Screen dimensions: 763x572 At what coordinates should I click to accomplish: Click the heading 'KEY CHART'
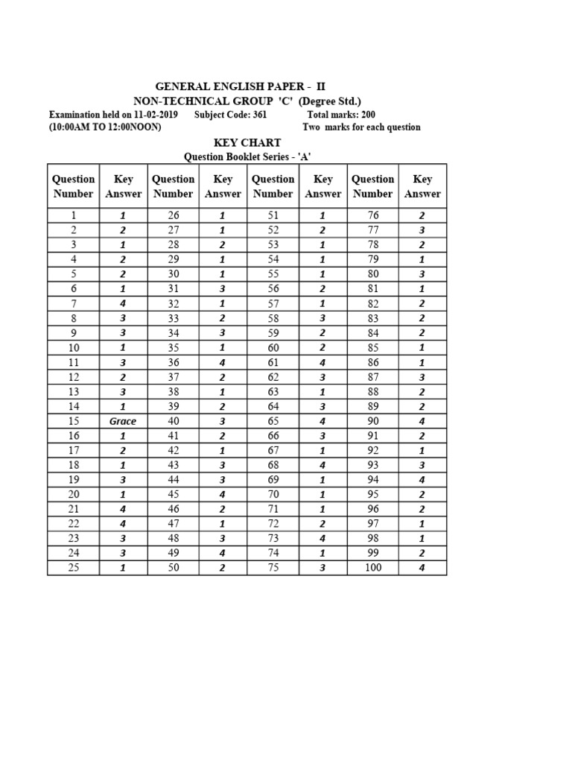[x=247, y=142]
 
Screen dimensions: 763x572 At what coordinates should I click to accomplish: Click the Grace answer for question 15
[x=123, y=421]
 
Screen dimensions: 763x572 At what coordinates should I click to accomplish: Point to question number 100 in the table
[x=372, y=568]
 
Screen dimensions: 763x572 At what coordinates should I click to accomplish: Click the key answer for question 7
[x=123, y=303]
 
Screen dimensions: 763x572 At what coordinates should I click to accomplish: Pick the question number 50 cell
[x=173, y=568]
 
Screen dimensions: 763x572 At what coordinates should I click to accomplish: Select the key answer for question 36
[x=223, y=362]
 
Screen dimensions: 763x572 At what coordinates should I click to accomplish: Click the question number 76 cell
[x=372, y=215]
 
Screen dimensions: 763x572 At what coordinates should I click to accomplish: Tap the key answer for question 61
[x=322, y=362]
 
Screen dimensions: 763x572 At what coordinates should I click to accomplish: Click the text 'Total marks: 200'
[x=341, y=115]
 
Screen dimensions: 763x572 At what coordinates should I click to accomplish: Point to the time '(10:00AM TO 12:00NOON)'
[x=105, y=127]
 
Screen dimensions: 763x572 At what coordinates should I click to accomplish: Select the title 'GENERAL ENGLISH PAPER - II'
[x=240, y=86]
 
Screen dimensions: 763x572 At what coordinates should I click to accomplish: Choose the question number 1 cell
[x=73, y=215]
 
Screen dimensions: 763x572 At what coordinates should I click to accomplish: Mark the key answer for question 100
[x=422, y=568]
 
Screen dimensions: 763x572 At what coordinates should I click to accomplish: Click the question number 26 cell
[x=173, y=215]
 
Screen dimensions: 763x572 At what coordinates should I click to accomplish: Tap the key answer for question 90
[x=422, y=421]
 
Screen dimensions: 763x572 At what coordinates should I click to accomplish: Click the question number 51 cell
[x=273, y=215]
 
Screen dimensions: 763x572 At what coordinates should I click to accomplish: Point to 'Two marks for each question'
[x=361, y=127]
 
